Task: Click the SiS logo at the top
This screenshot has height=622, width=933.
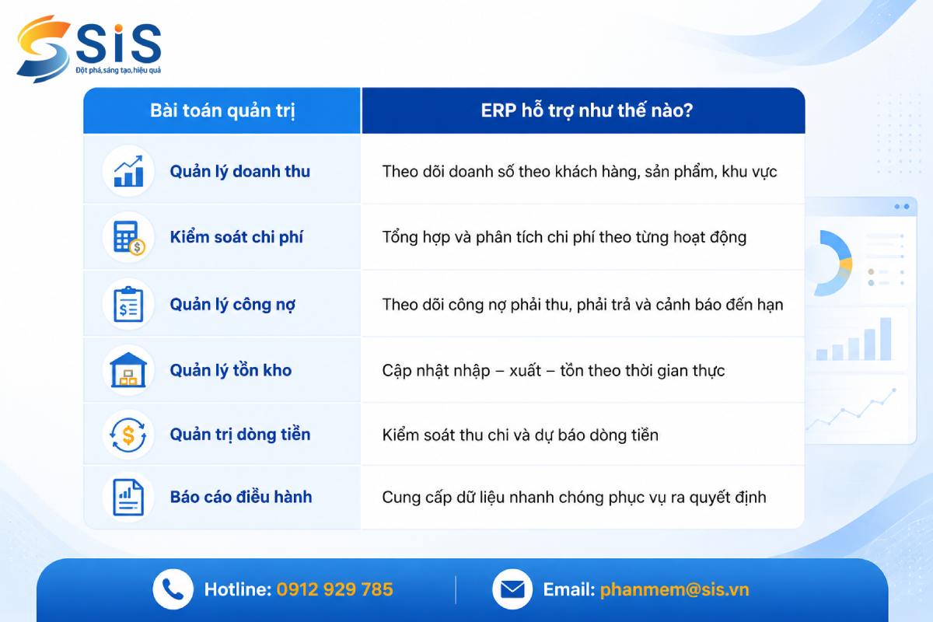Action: pyautogui.click(x=89, y=49)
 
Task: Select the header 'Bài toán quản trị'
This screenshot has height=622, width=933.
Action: pyautogui.click(x=222, y=111)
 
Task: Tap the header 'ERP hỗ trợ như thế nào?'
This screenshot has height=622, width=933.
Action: pyautogui.click(x=587, y=110)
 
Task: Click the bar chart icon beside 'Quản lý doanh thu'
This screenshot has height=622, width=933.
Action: pyautogui.click(x=128, y=171)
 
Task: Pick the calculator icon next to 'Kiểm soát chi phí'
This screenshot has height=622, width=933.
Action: pyautogui.click(x=129, y=237)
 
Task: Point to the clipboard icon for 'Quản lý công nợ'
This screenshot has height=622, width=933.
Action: pyautogui.click(x=128, y=304)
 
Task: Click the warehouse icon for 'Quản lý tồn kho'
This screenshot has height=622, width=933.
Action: pyautogui.click(x=128, y=370)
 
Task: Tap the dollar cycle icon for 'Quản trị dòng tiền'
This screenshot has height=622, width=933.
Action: pyautogui.click(x=128, y=435)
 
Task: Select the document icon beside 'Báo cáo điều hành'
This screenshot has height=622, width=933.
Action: pyautogui.click(x=128, y=497)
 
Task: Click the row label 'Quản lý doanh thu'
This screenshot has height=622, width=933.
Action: pyautogui.click(x=240, y=172)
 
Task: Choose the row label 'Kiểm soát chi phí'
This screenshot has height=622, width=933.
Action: pyautogui.click(x=236, y=237)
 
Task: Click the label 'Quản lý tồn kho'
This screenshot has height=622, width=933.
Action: pyautogui.click(x=231, y=370)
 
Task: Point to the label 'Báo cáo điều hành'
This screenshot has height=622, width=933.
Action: pyautogui.click(x=241, y=497)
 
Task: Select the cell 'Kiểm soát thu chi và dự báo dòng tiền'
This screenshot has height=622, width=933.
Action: pyautogui.click(x=520, y=435)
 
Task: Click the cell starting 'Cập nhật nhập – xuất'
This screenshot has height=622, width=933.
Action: pyautogui.click(x=553, y=371)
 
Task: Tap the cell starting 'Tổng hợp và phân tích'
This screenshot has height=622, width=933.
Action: pyautogui.click(x=564, y=237)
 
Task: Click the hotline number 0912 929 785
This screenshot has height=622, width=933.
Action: pyautogui.click(x=334, y=589)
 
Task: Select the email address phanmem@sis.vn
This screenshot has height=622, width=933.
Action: pyautogui.click(x=674, y=590)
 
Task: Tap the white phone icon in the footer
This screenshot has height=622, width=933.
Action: pyautogui.click(x=173, y=589)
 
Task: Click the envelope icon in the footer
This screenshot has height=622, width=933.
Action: pyautogui.click(x=512, y=589)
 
